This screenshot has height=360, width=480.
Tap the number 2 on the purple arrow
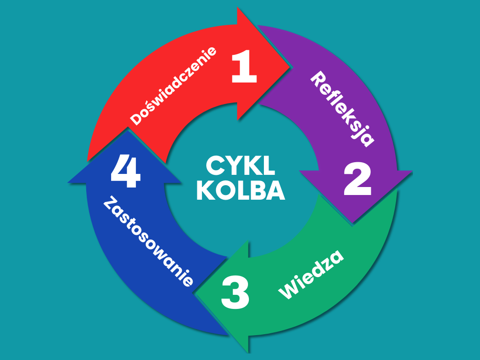(x=358, y=180)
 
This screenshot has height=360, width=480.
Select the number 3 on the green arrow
(x=235, y=292)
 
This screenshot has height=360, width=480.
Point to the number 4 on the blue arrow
(x=126, y=173)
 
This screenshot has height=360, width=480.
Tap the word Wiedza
(x=312, y=275)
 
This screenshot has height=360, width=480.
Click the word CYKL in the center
(x=240, y=166)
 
